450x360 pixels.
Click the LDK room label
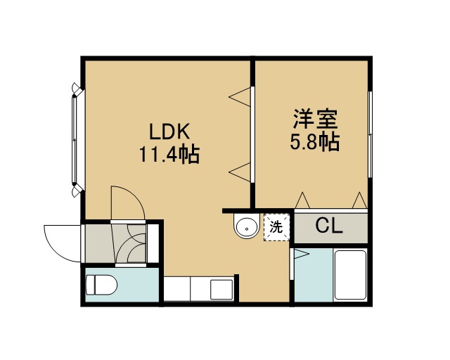pos(169,131)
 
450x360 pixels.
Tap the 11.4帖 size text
pos(169,154)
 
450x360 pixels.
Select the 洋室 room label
pos(315,118)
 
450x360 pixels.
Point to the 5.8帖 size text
pos(315,141)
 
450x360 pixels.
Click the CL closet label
pos(329,226)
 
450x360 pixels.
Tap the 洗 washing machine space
pos(276,227)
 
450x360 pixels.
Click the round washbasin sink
pos(246,226)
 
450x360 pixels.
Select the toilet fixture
pos(101,285)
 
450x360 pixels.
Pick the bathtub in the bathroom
pos(350,276)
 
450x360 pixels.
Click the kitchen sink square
pos(221,290)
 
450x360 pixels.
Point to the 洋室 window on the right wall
pos(371,134)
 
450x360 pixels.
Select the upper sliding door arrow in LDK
pos(240,97)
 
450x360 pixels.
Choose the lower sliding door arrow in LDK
pos(240,172)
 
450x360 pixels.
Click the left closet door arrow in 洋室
pos(302,200)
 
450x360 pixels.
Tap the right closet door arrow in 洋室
pos(359,200)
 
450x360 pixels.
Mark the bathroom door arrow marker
pos(302,254)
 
